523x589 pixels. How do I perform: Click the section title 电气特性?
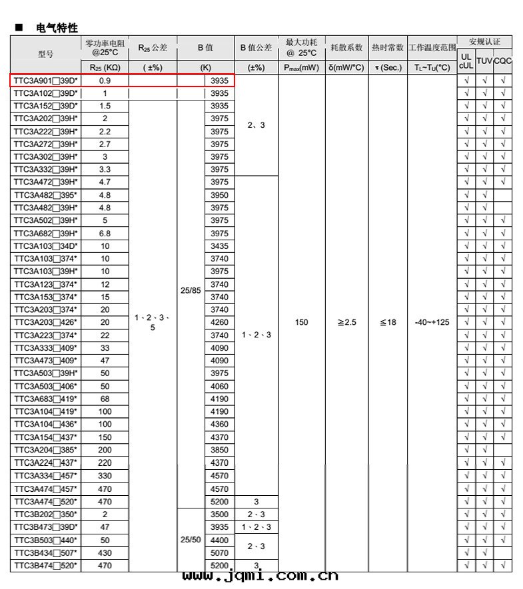point(59,28)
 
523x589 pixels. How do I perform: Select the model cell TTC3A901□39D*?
point(45,81)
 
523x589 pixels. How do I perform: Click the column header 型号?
point(45,53)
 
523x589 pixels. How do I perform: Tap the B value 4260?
point(219,322)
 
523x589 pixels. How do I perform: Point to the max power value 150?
point(301,322)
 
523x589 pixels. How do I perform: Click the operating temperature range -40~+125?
point(432,322)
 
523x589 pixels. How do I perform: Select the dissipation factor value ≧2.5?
point(346,322)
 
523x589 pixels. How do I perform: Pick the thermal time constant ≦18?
point(388,322)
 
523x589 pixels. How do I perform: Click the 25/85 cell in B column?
point(191,290)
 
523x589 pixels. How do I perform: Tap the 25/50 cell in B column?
point(191,540)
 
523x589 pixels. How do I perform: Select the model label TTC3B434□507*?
point(45,552)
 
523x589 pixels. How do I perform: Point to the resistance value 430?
point(105,552)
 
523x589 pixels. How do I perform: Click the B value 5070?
point(219,552)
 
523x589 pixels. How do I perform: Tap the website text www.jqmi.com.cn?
point(260,576)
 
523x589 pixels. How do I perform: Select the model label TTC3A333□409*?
point(45,348)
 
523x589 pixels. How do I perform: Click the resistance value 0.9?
point(105,81)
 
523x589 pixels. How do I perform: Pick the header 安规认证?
point(484,42)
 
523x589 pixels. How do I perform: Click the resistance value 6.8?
point(105,233)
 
